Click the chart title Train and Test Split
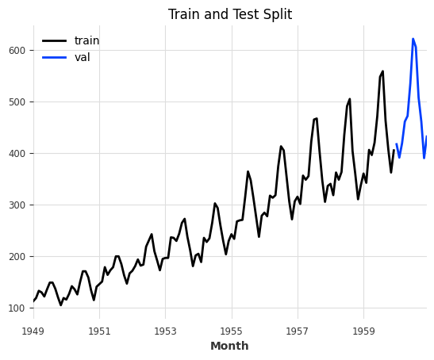click(x=230, y=14)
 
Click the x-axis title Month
click(x=229, y=347)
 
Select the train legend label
click(x=87, y=40)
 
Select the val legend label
click(x=83, y=57)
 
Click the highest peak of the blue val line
click(x=413, y=39)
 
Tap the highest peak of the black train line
click(x=382, y=71)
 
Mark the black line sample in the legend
click(x=54, y=40)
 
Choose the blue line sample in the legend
click(x=54, y=57)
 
